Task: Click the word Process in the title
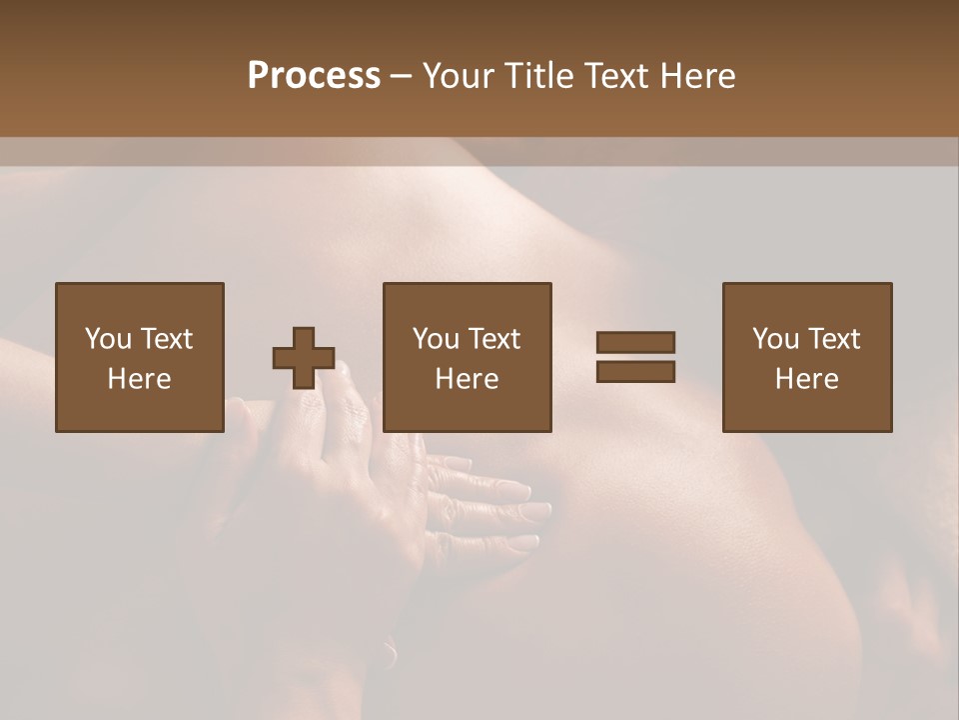(314, 76)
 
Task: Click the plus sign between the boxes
(304, 358)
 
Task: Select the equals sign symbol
(635, 357)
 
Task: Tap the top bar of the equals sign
(635, 343)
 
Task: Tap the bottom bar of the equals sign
(635, 371)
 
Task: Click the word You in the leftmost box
(108, 339)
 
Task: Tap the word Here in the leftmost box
(139, 379)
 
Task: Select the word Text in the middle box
(494, 339)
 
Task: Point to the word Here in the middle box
(468, 379)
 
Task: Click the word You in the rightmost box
(775, 339)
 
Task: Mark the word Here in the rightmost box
(807, 379)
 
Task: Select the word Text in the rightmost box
(834, 339)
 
